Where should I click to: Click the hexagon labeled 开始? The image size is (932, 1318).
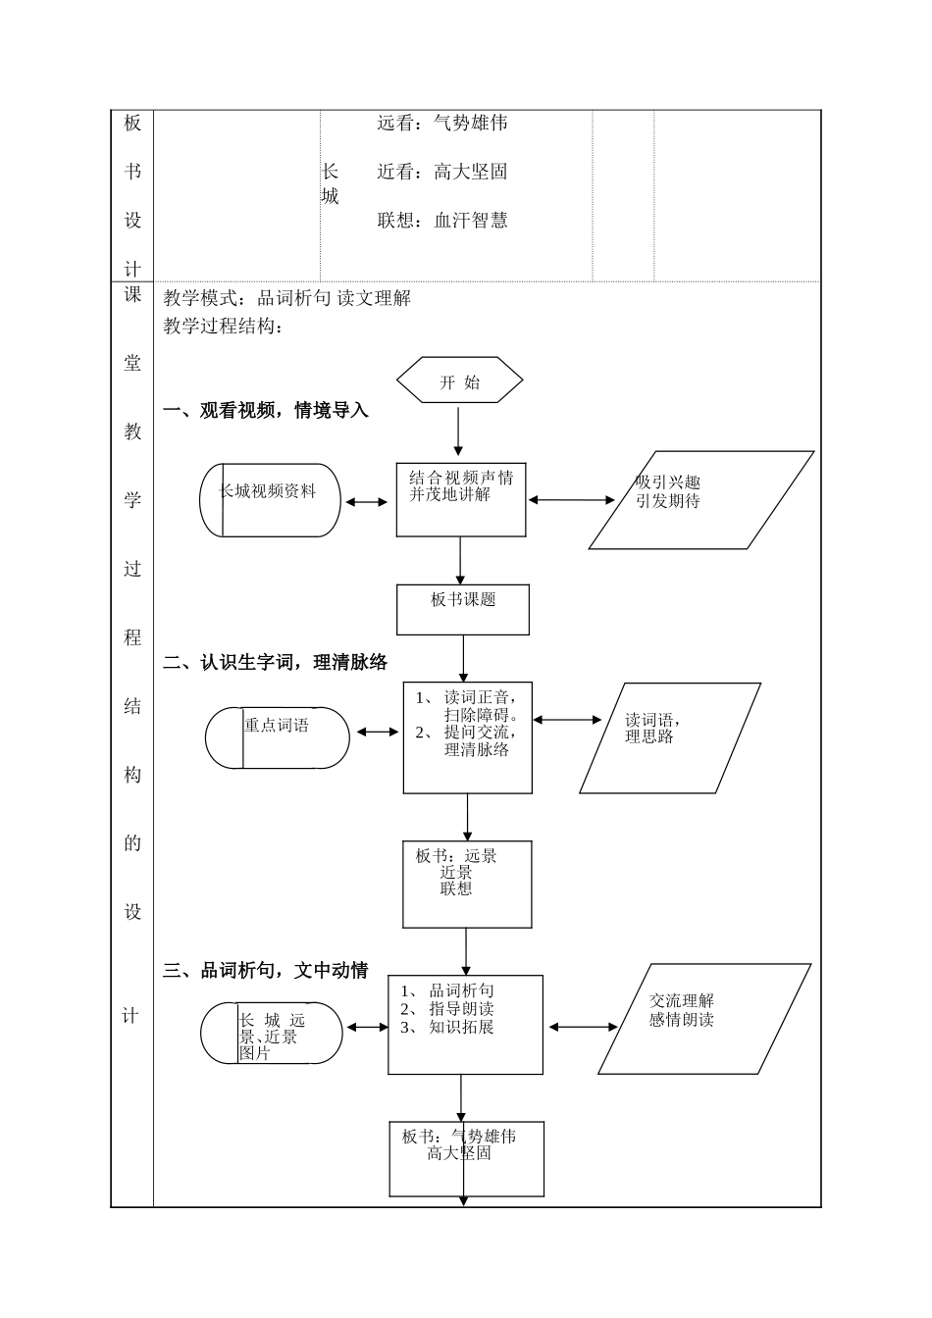pos(459,380)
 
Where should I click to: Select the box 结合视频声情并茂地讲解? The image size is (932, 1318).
pos(461,500)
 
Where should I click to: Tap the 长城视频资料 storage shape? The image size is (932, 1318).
pos(270,500)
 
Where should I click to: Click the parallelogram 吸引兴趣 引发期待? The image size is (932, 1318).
pos(700,500)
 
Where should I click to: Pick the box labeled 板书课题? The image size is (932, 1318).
pos(463,610)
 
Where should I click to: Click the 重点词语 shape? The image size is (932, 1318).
pos(278,737)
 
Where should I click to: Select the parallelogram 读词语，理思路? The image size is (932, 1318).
pos(670,737)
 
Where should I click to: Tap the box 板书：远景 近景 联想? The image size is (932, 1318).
pos(467,884)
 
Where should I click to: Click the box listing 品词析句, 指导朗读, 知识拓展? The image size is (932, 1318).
pos(465,1025)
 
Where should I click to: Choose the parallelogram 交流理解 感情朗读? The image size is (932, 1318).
pos(703,1019)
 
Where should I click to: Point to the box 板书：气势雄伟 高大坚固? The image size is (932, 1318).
pos(466,1159)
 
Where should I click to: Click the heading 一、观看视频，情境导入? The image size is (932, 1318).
pos(266,411)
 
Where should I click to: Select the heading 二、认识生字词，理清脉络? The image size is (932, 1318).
pos(276,663)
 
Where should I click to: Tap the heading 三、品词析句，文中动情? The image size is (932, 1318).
pos(266,971)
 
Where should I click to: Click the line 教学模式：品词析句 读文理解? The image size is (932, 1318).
pos(287,298)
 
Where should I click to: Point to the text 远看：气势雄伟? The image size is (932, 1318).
pos(442,124)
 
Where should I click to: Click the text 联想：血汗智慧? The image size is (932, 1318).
pos(442,221)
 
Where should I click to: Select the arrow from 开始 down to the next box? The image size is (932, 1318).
pos(458,431)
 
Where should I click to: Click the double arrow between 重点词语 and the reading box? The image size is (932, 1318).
pos(377,732)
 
